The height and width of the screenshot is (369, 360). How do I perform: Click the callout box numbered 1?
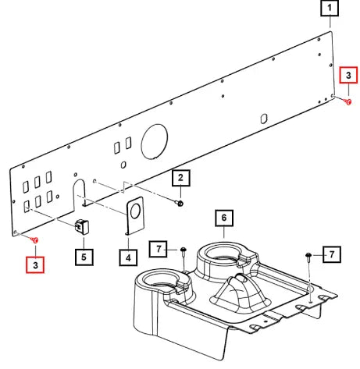(x=330, y=8)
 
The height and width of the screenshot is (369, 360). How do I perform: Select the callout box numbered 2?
(x=181, y=178)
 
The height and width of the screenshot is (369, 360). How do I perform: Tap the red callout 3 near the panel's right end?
(x=348, y=75)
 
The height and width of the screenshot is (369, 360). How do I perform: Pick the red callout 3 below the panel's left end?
(x=35, y=264)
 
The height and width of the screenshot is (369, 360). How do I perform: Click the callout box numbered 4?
(x=128, y=257)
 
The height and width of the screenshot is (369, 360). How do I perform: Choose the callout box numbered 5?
(x=84, y=257)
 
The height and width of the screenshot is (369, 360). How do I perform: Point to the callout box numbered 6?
(x=224, y=218)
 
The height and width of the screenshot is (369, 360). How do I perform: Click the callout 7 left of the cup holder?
(x=159, y=249)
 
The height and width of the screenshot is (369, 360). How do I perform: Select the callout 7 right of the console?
(x=332, y=254)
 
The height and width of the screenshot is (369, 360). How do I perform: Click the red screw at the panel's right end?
(x=348, y=101)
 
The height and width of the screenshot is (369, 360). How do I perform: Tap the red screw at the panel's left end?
(x=34, y=239)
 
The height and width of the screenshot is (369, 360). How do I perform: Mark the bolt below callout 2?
(x=180, y=203)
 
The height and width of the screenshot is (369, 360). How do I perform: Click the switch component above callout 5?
(x=82, y=227)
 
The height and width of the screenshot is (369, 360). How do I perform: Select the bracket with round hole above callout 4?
(x=135, y=216)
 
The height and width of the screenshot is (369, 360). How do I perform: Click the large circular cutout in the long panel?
(x=155, y=141)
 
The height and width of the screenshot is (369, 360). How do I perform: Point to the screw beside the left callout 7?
(x=184, y=250)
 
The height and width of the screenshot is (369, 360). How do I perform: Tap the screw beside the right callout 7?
(x=308, y=255)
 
